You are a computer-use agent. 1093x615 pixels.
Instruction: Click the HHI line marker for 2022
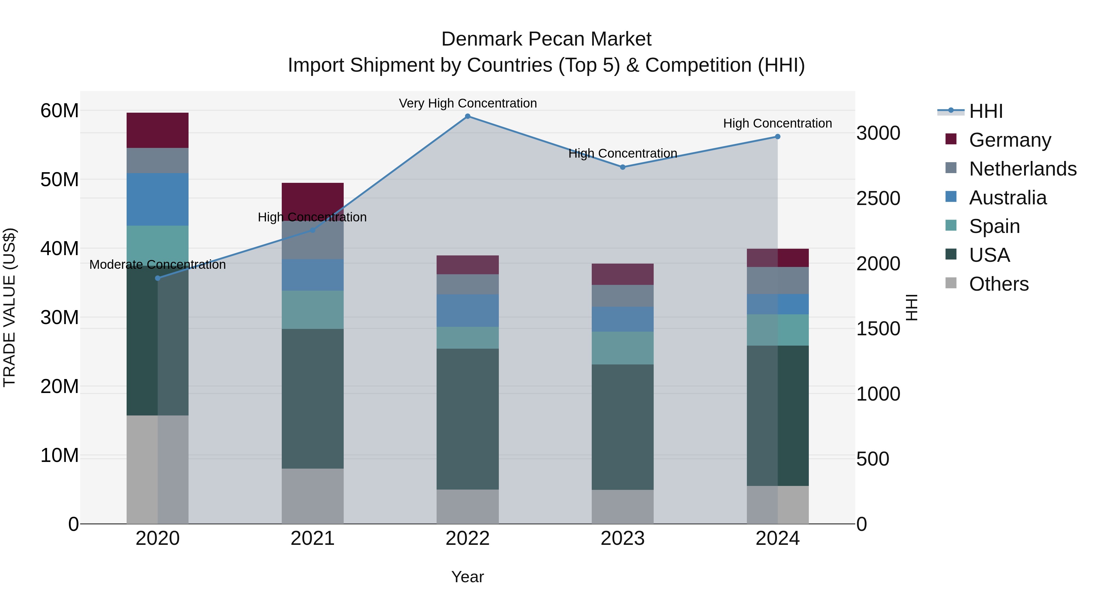468,116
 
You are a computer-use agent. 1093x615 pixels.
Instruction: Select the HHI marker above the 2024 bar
777,137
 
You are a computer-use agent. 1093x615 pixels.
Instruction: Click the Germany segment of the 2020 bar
157,130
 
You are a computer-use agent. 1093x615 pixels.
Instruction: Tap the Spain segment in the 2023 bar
622,348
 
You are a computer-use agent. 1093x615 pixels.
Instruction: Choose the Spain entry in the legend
994,226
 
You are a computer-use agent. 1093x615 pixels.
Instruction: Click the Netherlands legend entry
1022,169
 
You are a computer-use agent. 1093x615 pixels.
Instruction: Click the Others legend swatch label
998,284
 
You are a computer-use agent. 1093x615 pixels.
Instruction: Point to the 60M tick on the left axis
60,111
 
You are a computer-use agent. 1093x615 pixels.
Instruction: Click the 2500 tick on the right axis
878,198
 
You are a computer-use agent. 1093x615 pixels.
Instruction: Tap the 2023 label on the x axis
622,538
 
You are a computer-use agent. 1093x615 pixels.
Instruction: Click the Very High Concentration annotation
468,103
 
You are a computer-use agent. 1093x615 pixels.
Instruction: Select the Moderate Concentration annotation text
157,265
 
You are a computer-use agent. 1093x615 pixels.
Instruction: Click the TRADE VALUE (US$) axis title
9,307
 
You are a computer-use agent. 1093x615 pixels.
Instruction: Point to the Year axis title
468,577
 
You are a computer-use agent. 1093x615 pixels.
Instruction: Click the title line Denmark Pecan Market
546,39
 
